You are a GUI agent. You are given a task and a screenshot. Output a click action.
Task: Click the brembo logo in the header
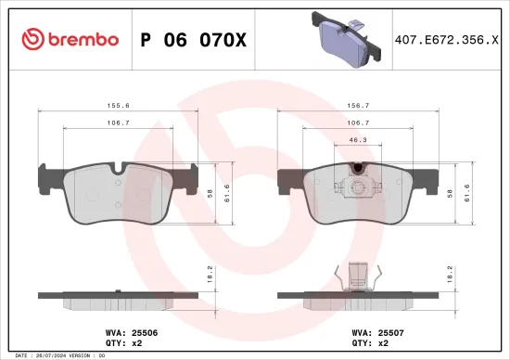point(70,39)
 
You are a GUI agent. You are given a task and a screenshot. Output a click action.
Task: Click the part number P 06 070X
point(193,39)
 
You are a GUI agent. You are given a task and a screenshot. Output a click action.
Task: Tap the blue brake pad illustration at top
point(346,37)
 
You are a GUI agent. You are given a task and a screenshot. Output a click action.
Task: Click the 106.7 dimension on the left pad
point(117,122)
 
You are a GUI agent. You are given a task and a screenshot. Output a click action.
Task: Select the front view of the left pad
point(117,193)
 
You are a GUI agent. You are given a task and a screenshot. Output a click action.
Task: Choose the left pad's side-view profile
point(117,300)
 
